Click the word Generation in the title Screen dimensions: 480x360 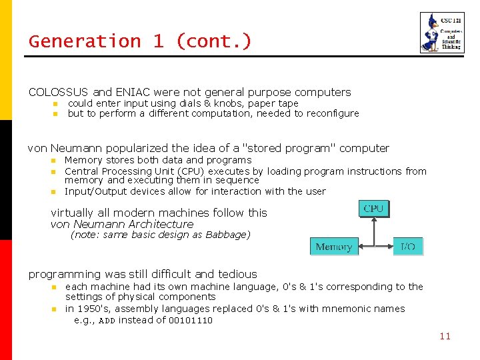(x=85, y=41)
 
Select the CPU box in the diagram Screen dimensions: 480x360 (x=373, y=209)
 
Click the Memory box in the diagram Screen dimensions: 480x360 (x=334, y=247)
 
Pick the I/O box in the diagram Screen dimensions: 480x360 (x=408, y=247)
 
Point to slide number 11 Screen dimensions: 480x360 (x=445, y=336)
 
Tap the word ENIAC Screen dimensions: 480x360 (x=136, y=92)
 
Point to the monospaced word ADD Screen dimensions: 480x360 (x=107, y=321)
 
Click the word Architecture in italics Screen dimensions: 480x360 (x=160, y=224)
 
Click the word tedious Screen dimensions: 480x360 (x=236, y=274)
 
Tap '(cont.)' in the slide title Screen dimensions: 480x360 (x=214, y=41)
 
